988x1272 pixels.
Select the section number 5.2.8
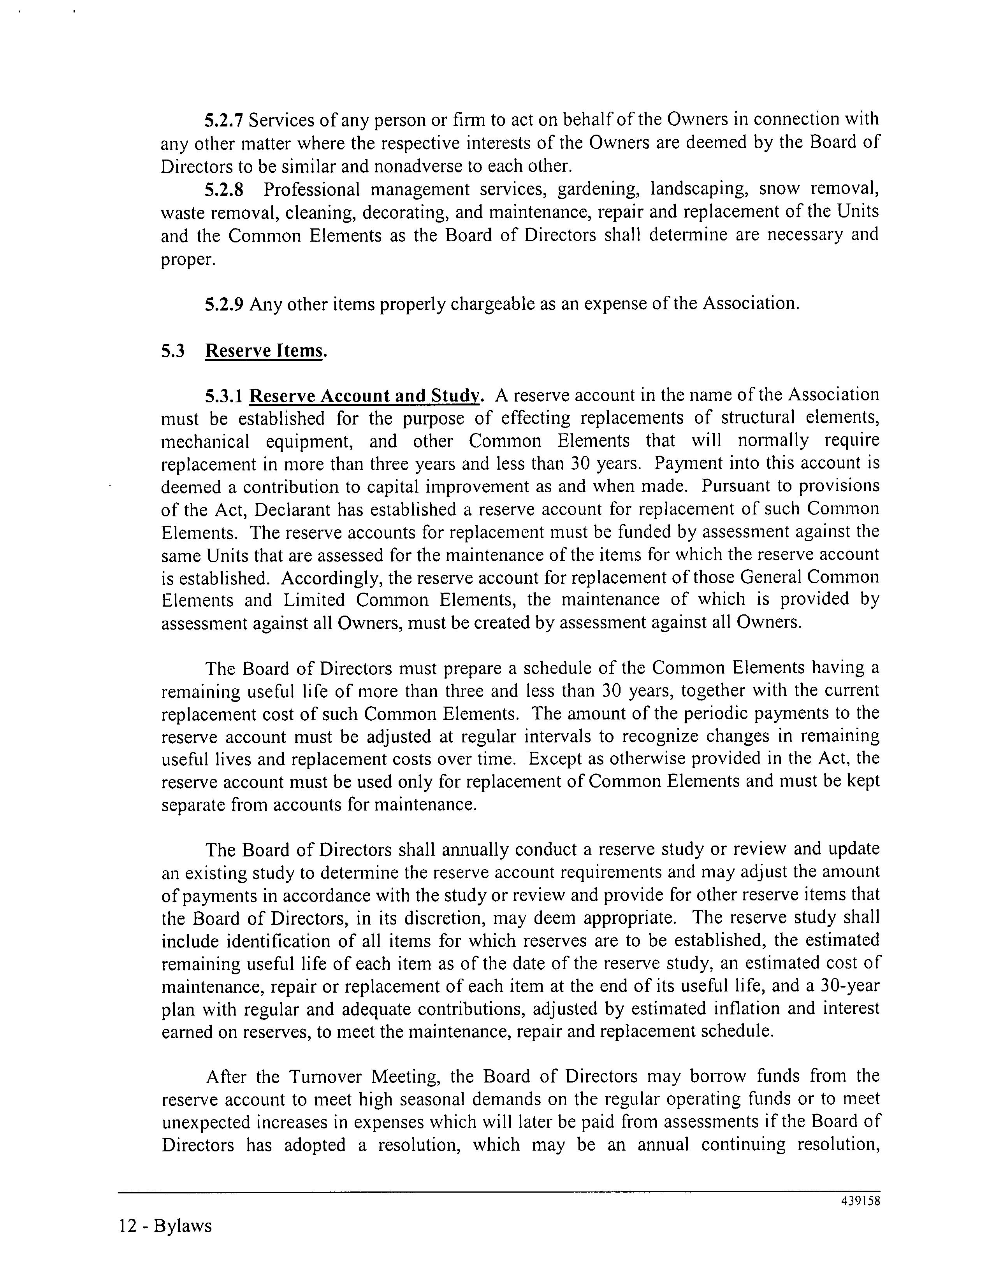click(x=224, y=190)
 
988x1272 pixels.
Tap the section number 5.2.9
click(x=224, y=304)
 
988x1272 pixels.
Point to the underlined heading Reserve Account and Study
click(x=365, y=396)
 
